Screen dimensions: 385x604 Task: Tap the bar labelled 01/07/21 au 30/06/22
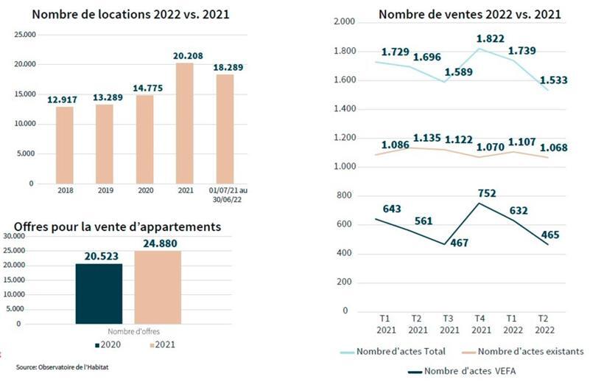tap(225, 129)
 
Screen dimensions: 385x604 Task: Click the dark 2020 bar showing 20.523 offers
tap(99, 294)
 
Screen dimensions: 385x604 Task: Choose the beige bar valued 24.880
tap(157, 287)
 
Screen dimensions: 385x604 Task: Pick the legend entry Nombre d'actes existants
tap(520, 351)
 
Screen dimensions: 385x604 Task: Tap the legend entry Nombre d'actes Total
tap(398, 351)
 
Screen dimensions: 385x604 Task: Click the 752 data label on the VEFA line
tap(485, 193)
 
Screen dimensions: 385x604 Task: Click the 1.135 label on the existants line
tap(427, 138)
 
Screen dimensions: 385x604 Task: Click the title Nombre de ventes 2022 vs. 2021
tap(469, 14)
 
